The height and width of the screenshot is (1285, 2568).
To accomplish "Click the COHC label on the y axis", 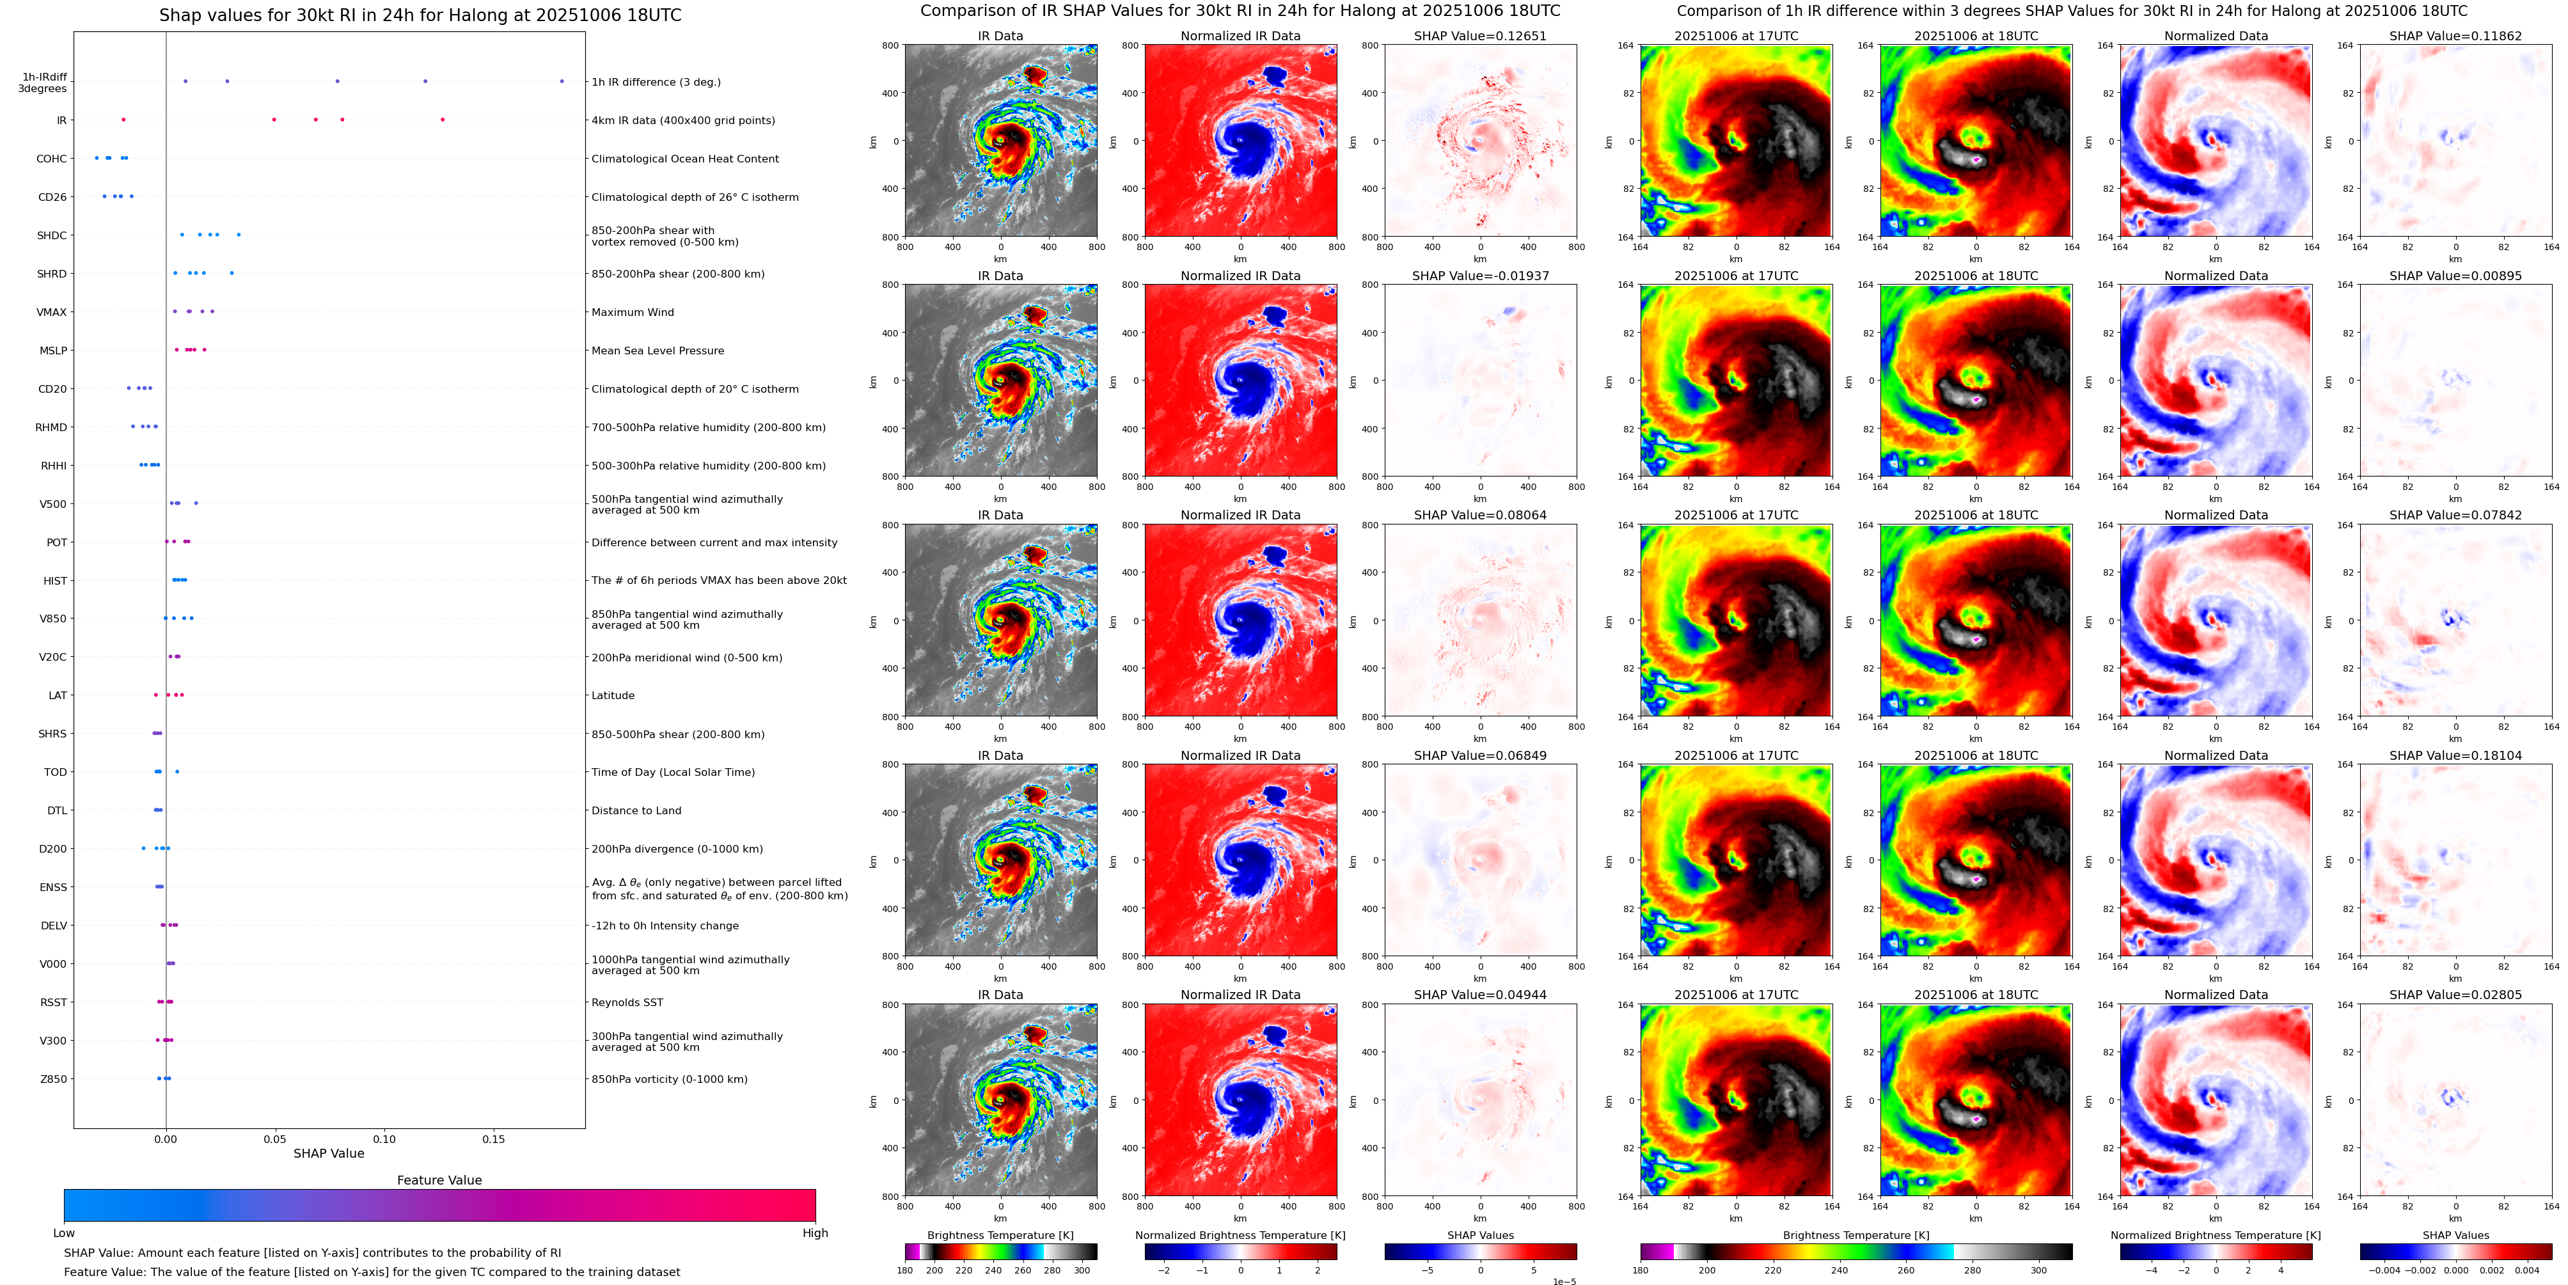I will tap(52, 159).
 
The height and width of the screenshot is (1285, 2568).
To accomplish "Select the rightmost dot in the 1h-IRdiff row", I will tap(562, 81).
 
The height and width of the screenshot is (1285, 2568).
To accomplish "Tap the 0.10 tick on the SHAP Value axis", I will tap(384, 1139).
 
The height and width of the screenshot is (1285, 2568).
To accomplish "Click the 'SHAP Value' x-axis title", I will tap(329, 1153).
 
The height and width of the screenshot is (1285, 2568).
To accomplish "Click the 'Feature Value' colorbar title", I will tap(439, 1180).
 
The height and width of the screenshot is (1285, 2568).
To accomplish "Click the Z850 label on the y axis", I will tap(54, 1078).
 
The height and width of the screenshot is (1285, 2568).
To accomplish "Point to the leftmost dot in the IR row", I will tap(123, 120).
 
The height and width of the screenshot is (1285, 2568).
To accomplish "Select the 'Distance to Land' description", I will tap(636, 810).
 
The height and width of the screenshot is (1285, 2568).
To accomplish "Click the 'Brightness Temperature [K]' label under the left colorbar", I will tap(1000, 1235).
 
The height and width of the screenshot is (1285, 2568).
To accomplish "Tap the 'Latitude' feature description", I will tap(613, 696).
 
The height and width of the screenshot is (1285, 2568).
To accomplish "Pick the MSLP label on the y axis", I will tap(53, 351).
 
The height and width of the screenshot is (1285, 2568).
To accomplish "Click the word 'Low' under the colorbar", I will tap(64, 1233).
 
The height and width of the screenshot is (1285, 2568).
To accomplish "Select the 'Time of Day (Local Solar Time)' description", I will tap(673, 773).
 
